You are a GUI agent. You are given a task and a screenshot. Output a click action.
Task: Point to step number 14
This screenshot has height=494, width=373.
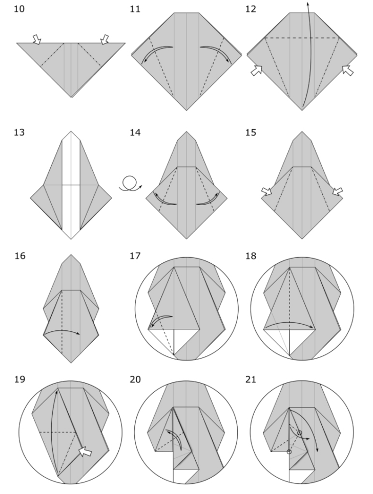[136, 133]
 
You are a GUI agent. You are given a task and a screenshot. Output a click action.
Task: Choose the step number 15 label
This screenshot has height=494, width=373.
[252, 133]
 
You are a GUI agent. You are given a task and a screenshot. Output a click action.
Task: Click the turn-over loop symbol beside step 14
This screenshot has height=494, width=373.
[129, 184]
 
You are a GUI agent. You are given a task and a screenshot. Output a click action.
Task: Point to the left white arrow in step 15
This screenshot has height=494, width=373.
[267, 191]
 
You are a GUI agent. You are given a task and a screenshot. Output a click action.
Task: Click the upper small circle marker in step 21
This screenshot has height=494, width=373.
[300, 433]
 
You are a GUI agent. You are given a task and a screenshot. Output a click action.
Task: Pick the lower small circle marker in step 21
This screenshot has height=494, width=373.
[289, 452]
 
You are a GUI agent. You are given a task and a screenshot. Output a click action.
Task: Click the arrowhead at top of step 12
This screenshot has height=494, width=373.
[308, 3]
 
